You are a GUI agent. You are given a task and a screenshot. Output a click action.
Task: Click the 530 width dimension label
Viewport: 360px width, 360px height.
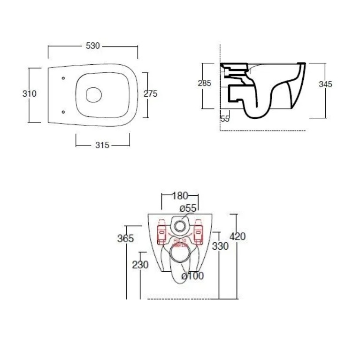click(x=93, y=46)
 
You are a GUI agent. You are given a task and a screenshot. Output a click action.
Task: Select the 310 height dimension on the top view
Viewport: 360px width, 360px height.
click(x=30, y=93)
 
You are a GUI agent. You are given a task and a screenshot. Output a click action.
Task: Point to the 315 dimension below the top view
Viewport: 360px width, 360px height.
click(x=102, y=145)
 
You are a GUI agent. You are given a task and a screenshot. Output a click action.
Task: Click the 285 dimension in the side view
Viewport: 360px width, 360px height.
click(x=204, y=83)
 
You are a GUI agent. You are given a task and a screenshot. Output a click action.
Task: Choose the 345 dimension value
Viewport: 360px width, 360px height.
click(x=325, y=84)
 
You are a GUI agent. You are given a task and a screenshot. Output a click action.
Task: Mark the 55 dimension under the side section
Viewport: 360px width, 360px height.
click(x=225, y=119)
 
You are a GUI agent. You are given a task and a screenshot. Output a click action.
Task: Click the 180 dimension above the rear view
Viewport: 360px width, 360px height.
click(x=180, y=195)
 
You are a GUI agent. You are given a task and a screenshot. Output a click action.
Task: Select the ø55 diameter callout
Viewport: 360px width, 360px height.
click(x=187, y=208)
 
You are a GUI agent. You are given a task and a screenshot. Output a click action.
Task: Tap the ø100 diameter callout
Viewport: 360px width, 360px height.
click(x=192, y=276)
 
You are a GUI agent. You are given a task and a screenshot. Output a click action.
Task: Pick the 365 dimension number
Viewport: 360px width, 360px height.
click(x=125, y=238)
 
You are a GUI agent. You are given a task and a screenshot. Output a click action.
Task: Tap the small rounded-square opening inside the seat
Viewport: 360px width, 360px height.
click(x=94, y=94)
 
